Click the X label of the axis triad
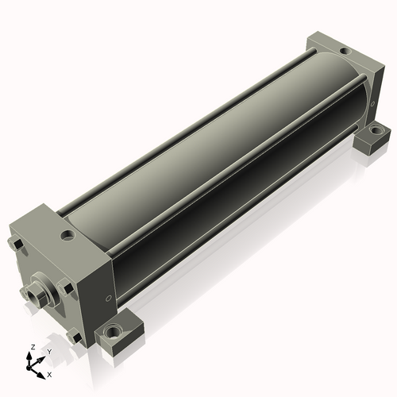(x=49, y=375)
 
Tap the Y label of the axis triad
(x=49, y=352)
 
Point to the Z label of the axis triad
(x=33, y=347)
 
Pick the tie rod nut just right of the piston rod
(x=65, y=288)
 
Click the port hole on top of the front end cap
(x=67, y=235)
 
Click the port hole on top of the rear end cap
(x=345, y=51)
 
